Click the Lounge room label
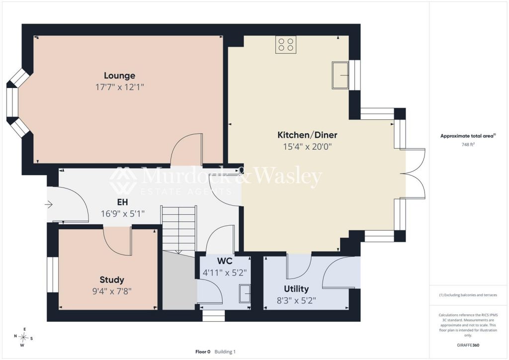(x=119, y=76)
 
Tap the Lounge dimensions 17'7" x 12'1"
(x=119, y=87)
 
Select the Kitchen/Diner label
(x=307, y=135)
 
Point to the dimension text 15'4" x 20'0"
(x=307, y=147)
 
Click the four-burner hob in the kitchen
(x=286, y=44)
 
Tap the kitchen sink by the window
(x=340, y=75)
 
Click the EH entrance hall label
(x=122, y=202)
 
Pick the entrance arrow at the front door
(x=49, y=204)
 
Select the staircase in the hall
(x=179, y=229)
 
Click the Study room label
(x=112, y=280)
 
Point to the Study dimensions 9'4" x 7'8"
(x=112, y=291)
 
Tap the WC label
(x=225, y=261)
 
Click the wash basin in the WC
(x=245, y=294)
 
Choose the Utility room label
(x=296, y=289)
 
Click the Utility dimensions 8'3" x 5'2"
(x=296, y=301)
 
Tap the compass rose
(x=23, y=337)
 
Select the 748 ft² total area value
(x=468, y=145)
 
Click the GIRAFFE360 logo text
(x=468, y=345)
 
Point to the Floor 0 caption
(x=203, y=352)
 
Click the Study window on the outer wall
(x=53, y=274)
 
